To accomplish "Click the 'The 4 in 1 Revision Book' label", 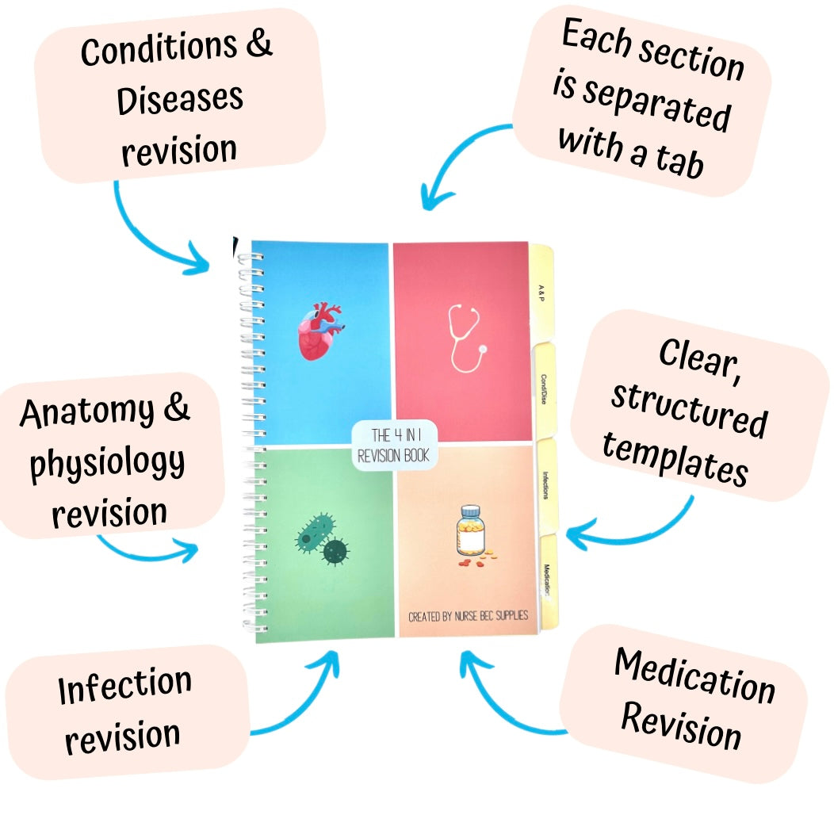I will (394, 445).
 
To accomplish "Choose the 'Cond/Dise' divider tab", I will (545, 389).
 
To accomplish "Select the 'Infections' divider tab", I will (546, 485).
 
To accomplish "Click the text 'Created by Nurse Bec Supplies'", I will (468, 616).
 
